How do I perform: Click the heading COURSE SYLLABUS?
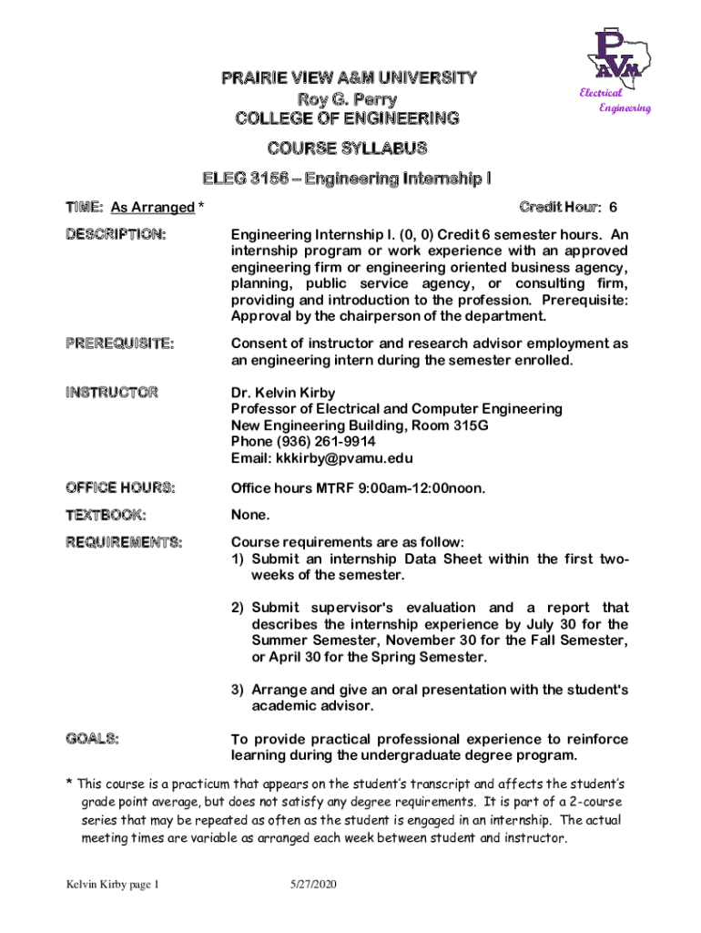click(347, 148)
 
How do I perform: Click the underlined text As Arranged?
click(152, 208)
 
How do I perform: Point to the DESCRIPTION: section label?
click(115, 235)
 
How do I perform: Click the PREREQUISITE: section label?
click(119, 343)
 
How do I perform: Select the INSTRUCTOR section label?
click(111, 393)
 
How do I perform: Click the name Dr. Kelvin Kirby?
click(283, 393)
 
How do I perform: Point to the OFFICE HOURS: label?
click(119, 488)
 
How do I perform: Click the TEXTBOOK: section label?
click(106, 516)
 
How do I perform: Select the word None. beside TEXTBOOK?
click(250, 516)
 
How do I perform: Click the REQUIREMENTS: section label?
click(123, 543)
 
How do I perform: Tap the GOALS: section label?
click(92, 738)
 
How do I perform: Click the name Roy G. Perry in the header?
click(347, 98)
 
